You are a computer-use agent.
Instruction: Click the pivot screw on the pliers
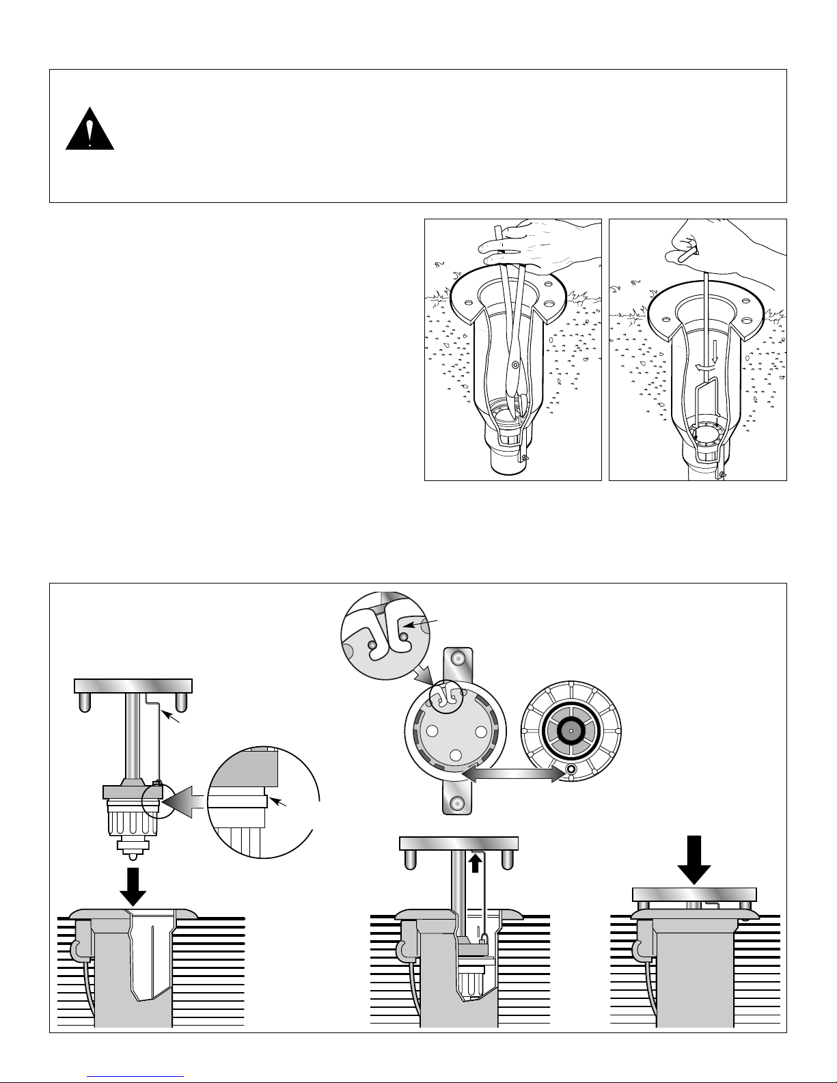515,366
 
